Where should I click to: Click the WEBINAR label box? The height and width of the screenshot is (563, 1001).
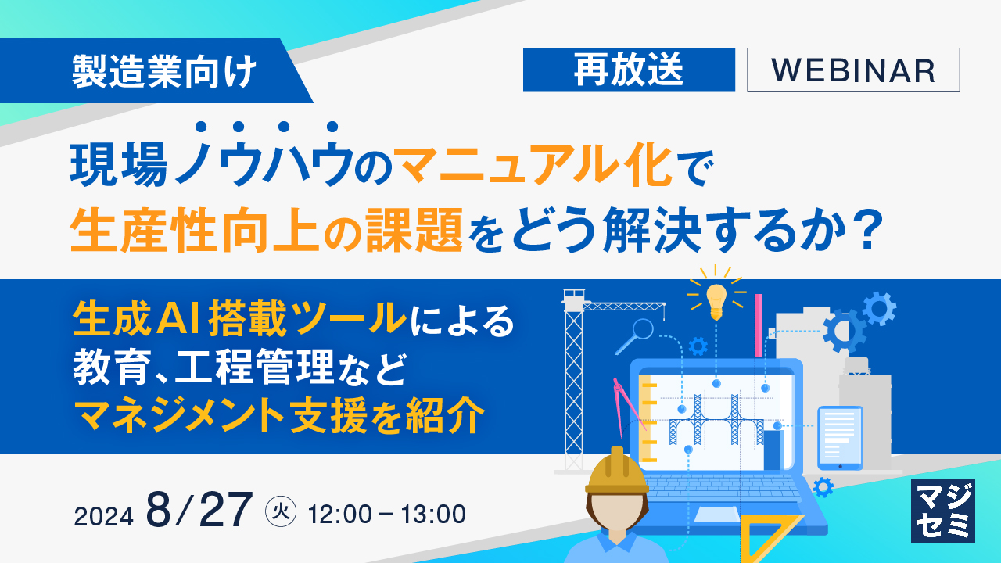[x=853, y=70]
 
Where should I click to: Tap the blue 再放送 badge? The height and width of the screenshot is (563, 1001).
[x=629, y=70]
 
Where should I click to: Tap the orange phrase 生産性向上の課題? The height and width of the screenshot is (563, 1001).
[x=266, y=232]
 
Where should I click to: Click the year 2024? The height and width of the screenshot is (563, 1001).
[x=105, y=515]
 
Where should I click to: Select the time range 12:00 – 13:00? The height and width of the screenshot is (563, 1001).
[x=387, y=514]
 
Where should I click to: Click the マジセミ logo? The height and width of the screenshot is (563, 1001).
[x=943, y=510]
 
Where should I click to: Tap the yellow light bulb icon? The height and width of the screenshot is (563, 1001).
[x=716, y=299]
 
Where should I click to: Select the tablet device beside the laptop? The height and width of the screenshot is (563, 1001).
[x=840, y=438]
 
